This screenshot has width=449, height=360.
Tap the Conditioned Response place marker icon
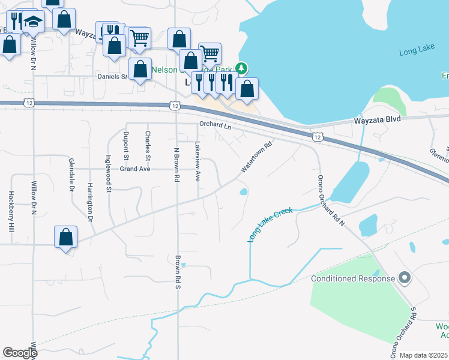coord(405,278)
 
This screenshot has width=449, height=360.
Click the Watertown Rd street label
coord(257,157)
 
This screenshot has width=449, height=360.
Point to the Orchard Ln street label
coord(215,125)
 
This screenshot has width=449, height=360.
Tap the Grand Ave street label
coord(134,169)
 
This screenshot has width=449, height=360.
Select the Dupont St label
coord(126,146)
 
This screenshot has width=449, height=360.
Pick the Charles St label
coord(148,146)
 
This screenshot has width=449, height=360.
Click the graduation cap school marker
coord(34,23)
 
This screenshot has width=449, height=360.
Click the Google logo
coord(19,353)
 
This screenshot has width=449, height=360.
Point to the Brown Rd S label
coord(178,272)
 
